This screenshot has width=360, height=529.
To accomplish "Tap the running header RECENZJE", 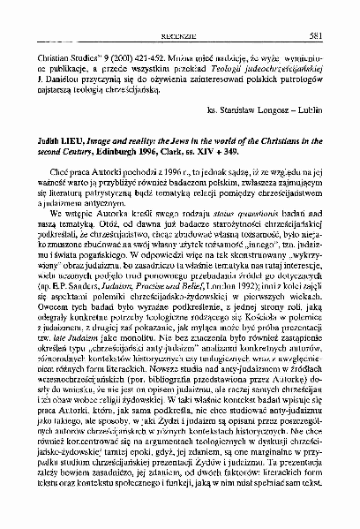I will (x=180, y=12).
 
